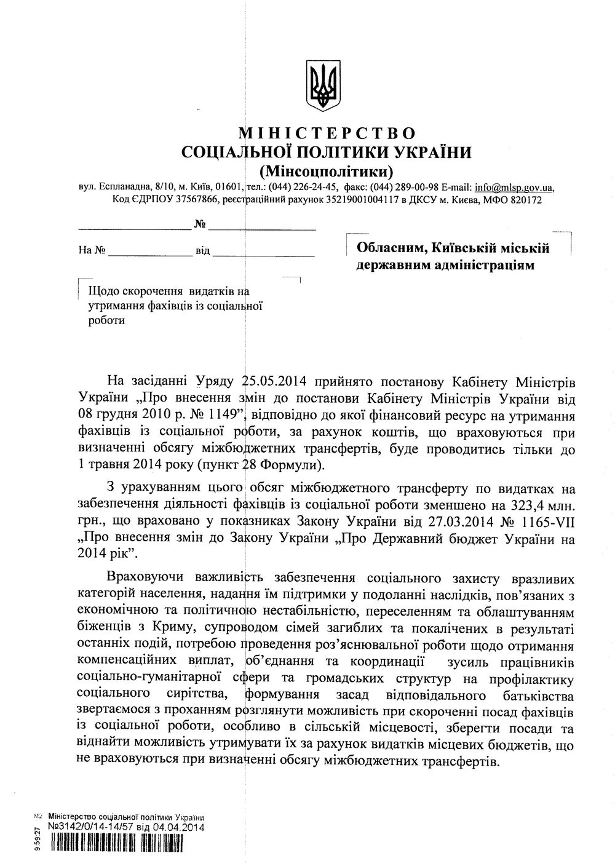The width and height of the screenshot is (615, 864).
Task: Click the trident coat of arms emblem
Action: (x=323, y=86)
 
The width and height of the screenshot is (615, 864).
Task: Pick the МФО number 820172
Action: (x=522, y=200)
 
